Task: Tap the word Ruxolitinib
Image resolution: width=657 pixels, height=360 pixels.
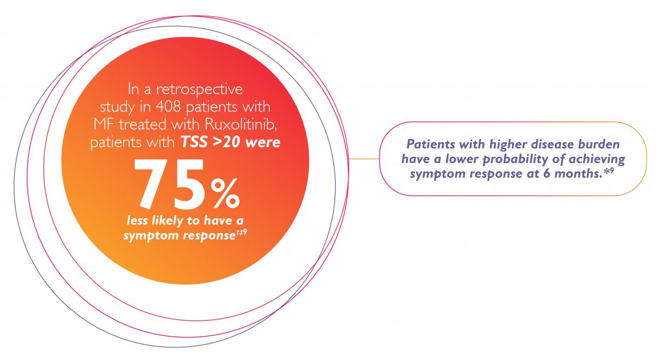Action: [x=241, y=124]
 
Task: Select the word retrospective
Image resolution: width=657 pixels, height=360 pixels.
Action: [x=199, y=90]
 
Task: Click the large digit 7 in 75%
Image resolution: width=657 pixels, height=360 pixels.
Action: [x=152, y=184]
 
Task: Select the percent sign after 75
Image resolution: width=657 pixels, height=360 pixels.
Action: [x=225, y=194]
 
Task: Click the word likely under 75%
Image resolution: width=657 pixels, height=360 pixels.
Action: [x=167, y=220]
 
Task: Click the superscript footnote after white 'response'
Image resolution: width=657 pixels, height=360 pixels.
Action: [x=241, y=233]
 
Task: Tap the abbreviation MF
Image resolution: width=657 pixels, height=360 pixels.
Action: [x=104, y=124]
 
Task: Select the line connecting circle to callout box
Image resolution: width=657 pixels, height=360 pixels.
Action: [x=364, y=159]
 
